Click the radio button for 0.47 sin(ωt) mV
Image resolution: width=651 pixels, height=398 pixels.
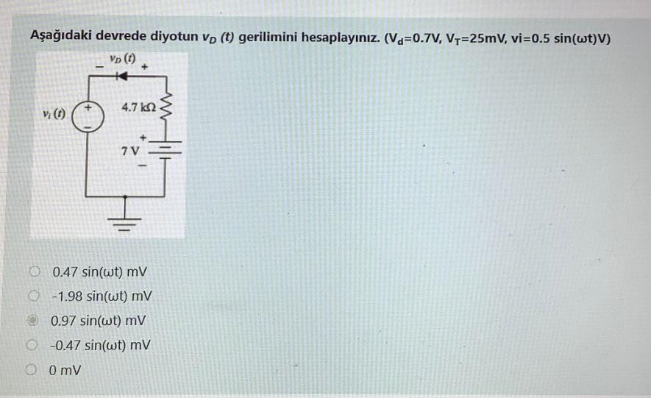34,271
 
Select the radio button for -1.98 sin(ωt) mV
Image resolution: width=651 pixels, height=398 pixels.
34,296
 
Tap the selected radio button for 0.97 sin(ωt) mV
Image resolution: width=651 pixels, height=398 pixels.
34,321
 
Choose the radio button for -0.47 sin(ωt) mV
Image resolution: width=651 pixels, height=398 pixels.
34,344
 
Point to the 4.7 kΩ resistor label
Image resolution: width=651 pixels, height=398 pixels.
138,108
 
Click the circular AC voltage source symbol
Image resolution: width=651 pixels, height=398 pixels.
87,117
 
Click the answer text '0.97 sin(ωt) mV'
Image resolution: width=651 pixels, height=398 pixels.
99,321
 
